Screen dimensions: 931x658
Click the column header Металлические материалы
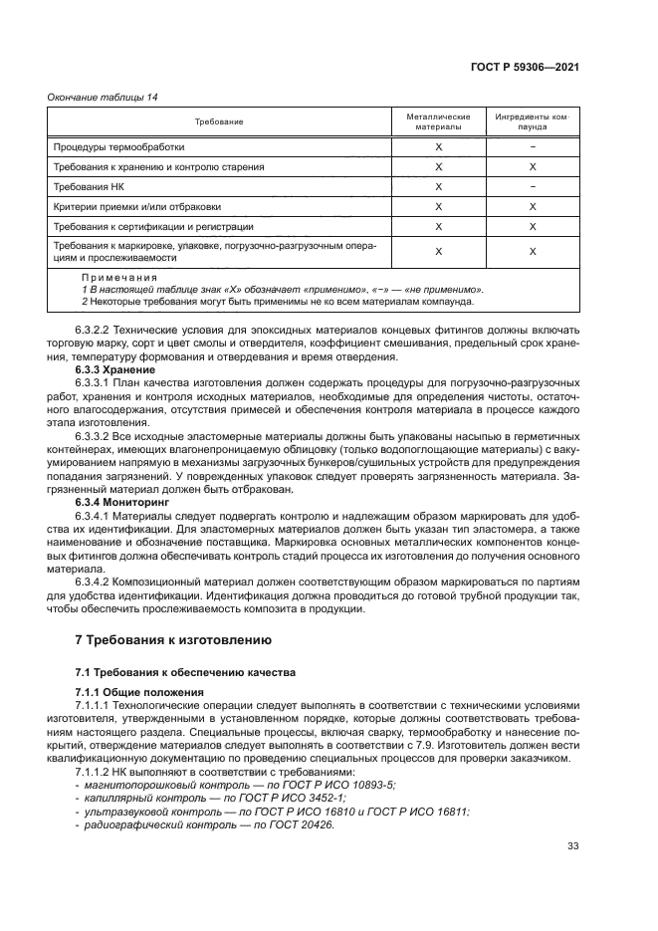click(438, 121)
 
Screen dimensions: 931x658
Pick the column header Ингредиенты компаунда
click(532, 121)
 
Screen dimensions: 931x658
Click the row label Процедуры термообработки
click(118, 146)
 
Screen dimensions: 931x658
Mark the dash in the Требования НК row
click(533, 186)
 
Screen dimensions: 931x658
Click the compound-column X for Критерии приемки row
click(533, 206)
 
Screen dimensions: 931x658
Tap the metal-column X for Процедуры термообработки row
click(438, 146)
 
